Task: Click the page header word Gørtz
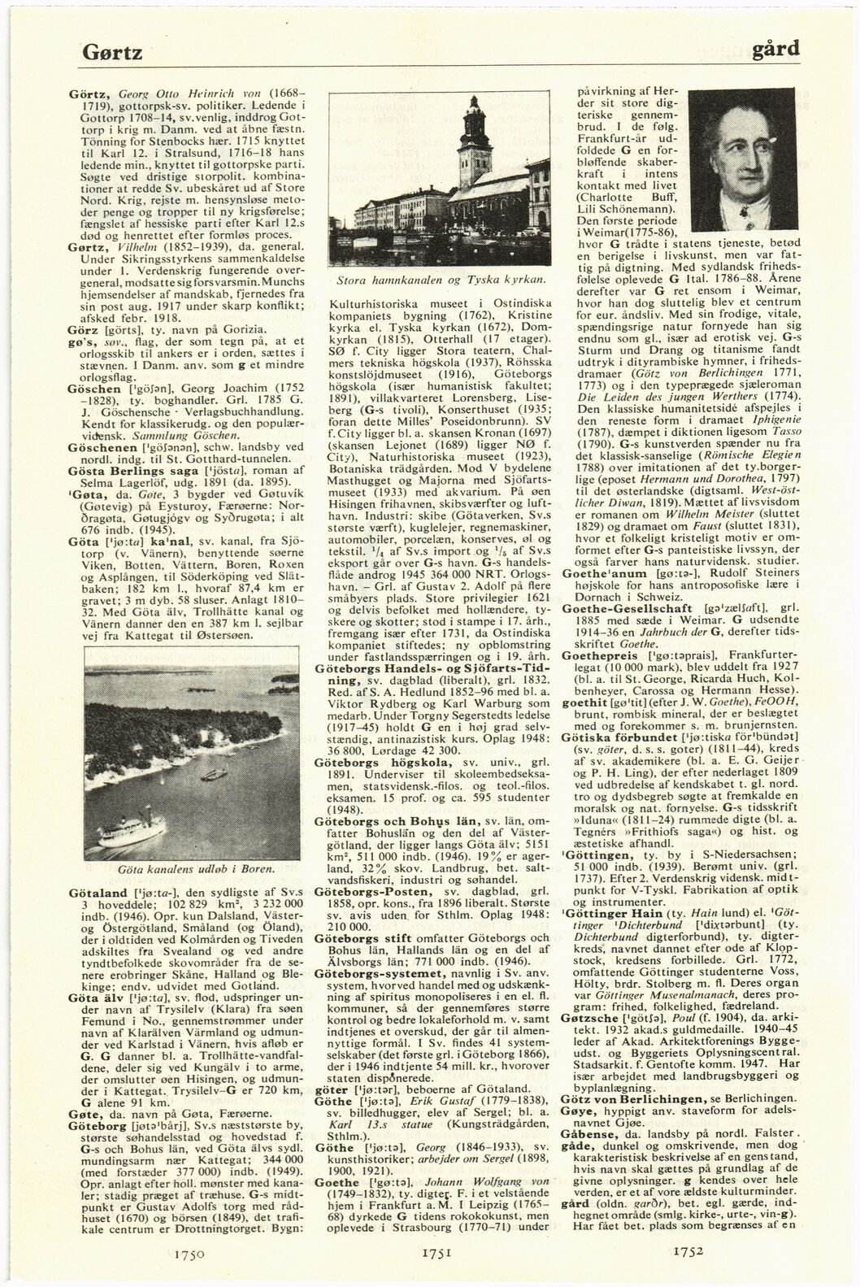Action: (x=113, y=54)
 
